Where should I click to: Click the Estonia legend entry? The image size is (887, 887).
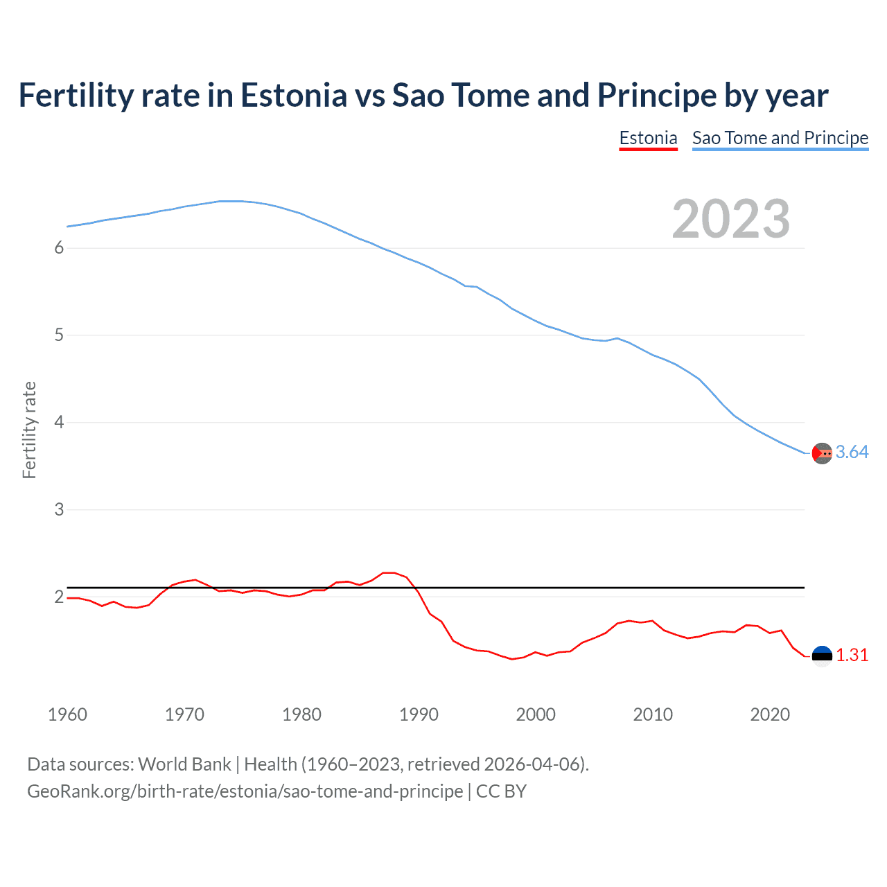click(x=648, y=138)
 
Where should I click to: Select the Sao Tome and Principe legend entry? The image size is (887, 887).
click(x=780, y=138)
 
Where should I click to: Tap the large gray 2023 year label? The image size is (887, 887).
click(x=730, y=219)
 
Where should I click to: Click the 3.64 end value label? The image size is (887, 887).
click(x=852, y=453)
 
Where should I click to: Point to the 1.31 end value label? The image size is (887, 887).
click(x=852, y=655)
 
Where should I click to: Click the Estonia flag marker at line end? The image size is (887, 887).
click(x=822, y=656)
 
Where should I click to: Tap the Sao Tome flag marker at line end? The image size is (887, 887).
click(x=822, y=453)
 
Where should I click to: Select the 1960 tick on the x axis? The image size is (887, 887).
click(x=67, y=714)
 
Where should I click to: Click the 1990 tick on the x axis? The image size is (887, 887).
click(x=419, y=714)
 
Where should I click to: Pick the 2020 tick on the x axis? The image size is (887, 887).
click(x=770, y=714)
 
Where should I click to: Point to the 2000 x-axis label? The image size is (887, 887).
click(x=536, y=714)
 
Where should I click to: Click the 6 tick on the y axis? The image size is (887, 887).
click(x=59, y=248)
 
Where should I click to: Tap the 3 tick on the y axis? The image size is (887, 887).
click(x=59, y=509)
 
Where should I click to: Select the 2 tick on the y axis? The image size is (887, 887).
click(x=59, y=597)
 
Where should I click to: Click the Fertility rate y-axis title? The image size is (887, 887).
click(x=29, y=430)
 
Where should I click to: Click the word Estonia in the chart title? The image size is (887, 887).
click(x=293, y=95)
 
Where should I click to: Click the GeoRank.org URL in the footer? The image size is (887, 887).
click(x=245, y=791)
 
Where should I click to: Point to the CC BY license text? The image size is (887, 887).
click(x=501, y=791)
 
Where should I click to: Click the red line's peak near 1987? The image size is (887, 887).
click(x=389, y=572)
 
